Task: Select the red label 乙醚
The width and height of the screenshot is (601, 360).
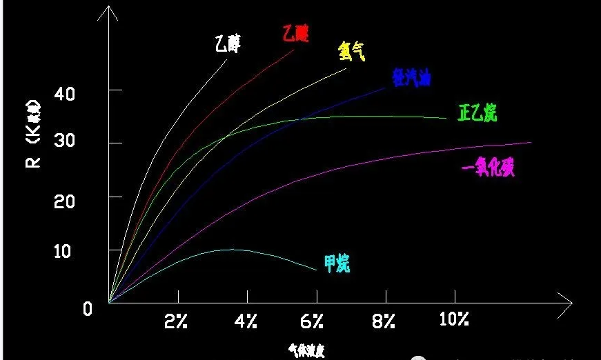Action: pyautogui.click(x=295, y=33)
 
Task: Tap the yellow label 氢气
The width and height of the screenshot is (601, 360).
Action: pyautogui.click(x=352, y=52)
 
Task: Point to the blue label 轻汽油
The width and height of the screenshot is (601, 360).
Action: pyautogui.click(x=412, y=78)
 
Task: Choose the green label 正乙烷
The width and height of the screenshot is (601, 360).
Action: pyautogui.click(x=477, y=113)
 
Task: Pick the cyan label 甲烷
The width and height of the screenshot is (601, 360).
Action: pyautogui.click(x=337, y=262)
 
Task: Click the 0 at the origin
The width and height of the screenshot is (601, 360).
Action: pyautogui.click(x=87, y=309)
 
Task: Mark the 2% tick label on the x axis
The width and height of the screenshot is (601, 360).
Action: pyautogui.click(x=177, y=321)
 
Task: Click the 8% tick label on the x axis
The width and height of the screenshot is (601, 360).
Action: pyautogui.click(x=383, y=321)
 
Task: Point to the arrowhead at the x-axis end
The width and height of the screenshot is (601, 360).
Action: pyautogui.click(x=568, y=301)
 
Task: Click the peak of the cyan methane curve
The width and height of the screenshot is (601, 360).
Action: pyautogui.click(x=231, y=249)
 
